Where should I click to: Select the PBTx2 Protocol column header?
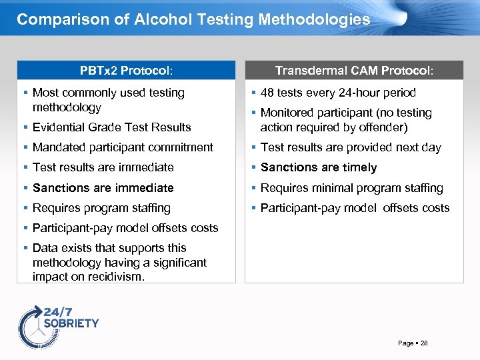click(x=126, y=70)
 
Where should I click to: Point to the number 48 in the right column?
click(x=268, y=93)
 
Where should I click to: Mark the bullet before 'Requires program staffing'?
click(x=25, y=208)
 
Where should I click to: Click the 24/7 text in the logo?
click(x=57, y=311)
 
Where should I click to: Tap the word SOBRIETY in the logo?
click(x=71, y=323)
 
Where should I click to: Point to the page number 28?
click(x=424, y=343)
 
